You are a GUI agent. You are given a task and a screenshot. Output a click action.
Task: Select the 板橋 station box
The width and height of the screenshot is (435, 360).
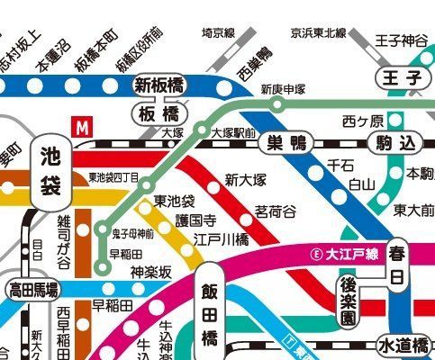(159, 114)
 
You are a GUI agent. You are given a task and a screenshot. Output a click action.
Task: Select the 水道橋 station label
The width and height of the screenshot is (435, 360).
(403, 345)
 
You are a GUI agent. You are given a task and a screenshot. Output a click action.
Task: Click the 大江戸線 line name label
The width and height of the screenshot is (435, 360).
(344, 253)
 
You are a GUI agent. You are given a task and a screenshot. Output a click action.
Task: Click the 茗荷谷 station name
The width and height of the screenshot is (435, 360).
(274, 211)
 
